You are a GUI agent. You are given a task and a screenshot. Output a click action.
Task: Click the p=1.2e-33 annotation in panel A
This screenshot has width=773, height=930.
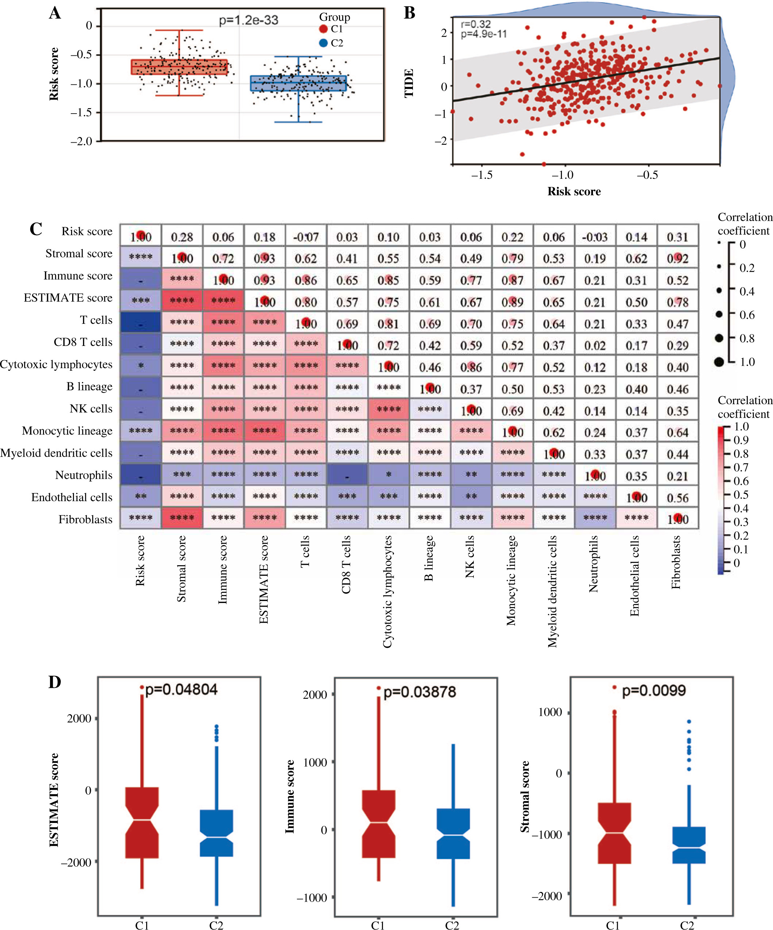pos(248,20)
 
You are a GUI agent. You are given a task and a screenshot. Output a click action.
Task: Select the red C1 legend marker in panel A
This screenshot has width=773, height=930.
pos(323,29)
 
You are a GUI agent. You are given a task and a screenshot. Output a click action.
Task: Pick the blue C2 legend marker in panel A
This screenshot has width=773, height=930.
pos(323,43)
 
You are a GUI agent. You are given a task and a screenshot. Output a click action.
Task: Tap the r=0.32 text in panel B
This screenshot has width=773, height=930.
pos(476,24)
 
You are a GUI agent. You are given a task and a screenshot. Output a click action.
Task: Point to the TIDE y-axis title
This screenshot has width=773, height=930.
pos(409,83)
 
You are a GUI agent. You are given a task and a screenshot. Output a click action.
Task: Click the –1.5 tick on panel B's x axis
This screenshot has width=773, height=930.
pos(482,175)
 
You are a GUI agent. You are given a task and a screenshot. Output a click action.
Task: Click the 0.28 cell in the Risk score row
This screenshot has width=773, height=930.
pos(182,237)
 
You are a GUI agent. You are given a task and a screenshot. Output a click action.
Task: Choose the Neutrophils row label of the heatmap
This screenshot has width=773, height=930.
pos(84,475)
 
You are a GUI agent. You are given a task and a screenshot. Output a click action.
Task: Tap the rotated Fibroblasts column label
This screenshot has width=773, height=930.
pos(675,563)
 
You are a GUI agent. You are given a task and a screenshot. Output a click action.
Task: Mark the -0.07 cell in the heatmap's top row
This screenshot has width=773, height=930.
pos(306,237)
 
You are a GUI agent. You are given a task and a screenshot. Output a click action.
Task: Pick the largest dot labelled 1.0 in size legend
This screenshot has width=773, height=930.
pos(719,362)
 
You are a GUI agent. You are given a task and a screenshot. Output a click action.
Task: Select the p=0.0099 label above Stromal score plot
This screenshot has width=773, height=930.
pos(654,690)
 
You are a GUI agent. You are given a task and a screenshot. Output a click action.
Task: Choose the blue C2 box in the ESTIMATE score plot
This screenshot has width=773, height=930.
pos(216,832)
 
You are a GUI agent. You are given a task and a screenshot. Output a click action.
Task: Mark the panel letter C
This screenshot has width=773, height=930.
pos(36,229)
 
